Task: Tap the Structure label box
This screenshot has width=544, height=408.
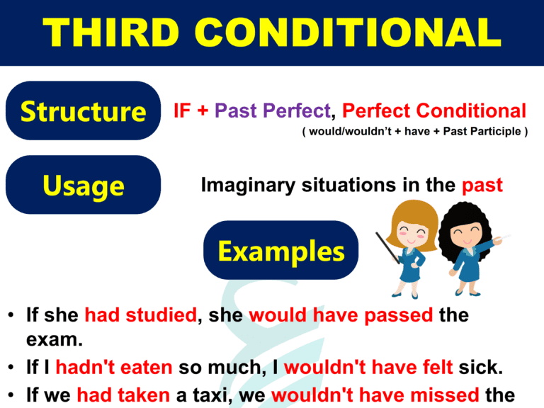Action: coord(83,110)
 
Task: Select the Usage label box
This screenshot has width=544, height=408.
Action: coord(83,185)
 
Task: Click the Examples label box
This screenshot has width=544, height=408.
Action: coord(280,250)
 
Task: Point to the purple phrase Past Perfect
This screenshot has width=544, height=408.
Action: coord(273,111)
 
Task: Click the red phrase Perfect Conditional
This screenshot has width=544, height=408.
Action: coord(434,111)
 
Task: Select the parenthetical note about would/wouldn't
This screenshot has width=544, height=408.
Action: coord(414,132)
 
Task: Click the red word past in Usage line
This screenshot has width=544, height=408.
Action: coord(482,186)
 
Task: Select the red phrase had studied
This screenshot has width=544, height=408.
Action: coord(140,315)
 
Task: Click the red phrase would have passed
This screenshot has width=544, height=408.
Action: coord(341,315)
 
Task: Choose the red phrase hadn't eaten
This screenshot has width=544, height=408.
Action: coord(113,367)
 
